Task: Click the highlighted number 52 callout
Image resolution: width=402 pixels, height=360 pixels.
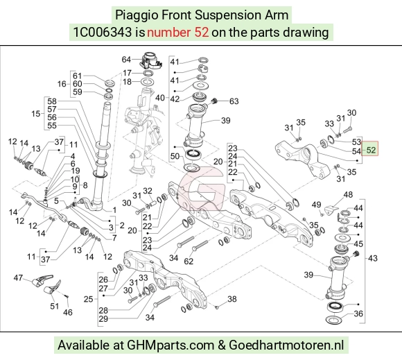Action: click(x=369, y=148)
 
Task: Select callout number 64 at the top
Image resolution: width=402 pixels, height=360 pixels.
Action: click(x=126, y=60)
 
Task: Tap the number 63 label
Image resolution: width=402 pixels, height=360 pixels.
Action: click(x=234, y=101)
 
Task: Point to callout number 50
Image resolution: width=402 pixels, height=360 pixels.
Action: click(x=175, y=156)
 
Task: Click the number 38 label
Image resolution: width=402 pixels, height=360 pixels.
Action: click(x=232, y=299)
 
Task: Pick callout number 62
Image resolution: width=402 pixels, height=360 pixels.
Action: click(x=189, y=262)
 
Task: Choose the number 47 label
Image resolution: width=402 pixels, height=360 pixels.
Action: click(x=18, y=278)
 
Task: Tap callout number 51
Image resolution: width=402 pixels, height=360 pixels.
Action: click(x=54, y=306)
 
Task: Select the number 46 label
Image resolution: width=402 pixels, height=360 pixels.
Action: click(x=68, y=312)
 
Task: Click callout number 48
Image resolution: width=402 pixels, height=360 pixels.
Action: click(x=348, y=195)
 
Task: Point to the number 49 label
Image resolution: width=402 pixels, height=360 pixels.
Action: click(x=316, y=205)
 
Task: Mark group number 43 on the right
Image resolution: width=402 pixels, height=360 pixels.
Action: click(x=372, y=258)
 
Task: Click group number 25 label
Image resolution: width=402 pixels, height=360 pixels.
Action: click(x=89, y=299)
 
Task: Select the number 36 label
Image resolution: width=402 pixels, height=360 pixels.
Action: click(x=358, y=314)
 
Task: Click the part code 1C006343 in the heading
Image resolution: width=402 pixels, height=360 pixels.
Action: click(x=103, y=33)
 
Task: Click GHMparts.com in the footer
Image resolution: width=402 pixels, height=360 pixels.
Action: click(x=171, y=345)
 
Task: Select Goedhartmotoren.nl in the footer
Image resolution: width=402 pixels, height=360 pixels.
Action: click(x=286, y=345)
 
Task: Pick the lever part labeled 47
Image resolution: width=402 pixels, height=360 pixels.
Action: click(x=42, y=280)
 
